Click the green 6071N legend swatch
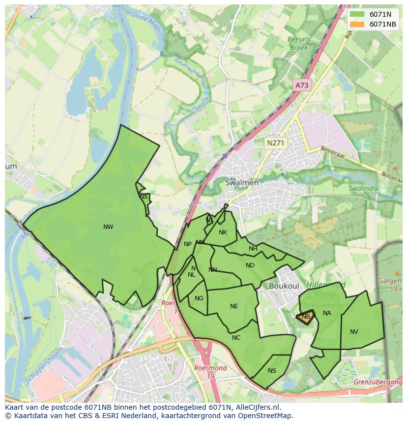click(x=357, y=14)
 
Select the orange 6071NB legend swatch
click(x=357, y=24)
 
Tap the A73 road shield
click(x=302, y=85)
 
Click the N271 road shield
click(x=275, y=143)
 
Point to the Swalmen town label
click(x=241, y=182)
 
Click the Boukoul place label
click(x=284, y=286)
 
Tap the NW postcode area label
click(x=108, y=227)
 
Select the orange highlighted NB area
click(x=305, y=317)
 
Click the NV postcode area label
click(x=354, y=332)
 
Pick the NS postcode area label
click(x=272, y=371)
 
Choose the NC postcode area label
click(x=236, y=338)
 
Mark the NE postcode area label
click(x=234, y=306)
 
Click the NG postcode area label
click(x=199, y=298)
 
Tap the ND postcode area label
click(x=250, y=265)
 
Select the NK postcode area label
click(x=223, y=232)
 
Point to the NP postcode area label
click(x=188, y=244)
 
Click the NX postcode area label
click(x=144, y=197)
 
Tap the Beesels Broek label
click(x=298, y=44)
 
